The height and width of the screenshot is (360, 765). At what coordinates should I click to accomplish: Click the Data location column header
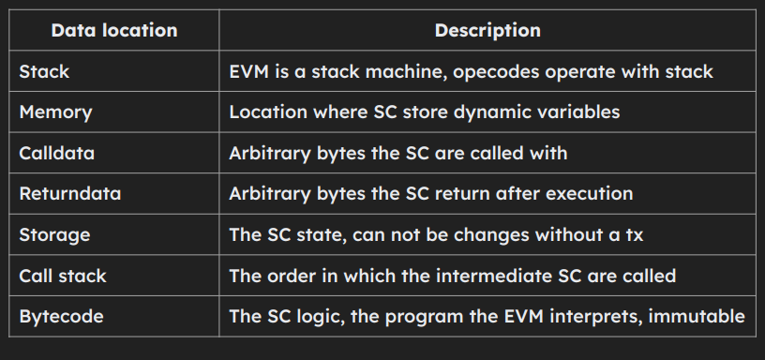click(x=113, y=30)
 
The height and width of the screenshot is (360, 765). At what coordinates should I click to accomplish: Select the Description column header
click(x=487, y=30)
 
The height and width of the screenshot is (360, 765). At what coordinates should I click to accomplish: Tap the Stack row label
click(x=44, y=71)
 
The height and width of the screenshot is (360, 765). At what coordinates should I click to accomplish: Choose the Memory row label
click(x=55, y=112)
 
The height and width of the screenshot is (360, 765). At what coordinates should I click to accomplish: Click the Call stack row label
click(x=63, y=276)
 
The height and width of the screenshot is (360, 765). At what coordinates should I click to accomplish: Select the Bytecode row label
click(x=61, y=316)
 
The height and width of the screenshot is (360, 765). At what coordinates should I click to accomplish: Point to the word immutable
click(x=701, y=316)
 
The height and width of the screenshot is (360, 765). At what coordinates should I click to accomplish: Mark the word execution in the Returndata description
click(x=589, y=194)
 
